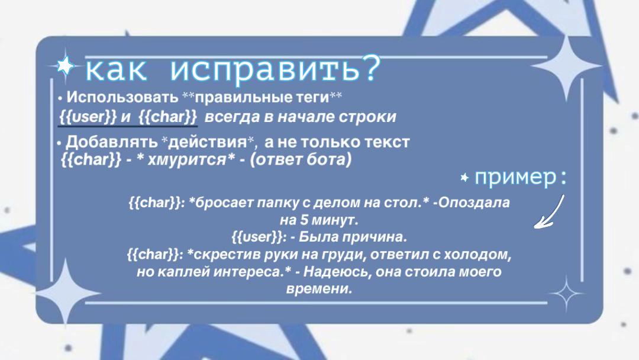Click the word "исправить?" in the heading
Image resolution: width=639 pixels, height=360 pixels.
tap(276, 69)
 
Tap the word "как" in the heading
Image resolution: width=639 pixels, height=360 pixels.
tap(116, 70)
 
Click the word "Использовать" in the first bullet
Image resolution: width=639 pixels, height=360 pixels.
tap(122, 98)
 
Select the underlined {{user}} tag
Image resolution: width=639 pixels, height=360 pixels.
tap(88, 117)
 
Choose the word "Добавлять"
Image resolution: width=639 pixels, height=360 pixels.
tap(112, 142)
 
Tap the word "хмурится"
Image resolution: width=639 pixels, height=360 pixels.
tap(186, 159)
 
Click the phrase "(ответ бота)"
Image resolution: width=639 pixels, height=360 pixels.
tap(301, 159)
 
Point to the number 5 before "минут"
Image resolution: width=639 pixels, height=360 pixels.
tap(304, 220)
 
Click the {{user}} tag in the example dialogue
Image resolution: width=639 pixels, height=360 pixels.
tap(257, 237)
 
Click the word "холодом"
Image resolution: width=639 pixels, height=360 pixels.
tap(477, 255)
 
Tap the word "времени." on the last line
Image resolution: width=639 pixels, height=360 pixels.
tap(319, 290)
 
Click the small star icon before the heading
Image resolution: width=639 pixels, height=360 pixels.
tap(64, 65)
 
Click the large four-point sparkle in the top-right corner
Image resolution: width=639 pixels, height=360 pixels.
tap(566, 66)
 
